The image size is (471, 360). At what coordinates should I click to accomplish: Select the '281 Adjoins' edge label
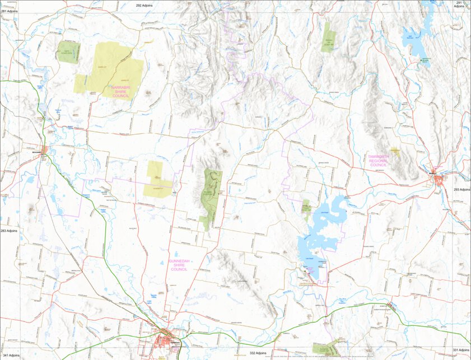tap(10, 11)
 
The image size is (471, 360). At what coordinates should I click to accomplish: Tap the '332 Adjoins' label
tap(260, 353)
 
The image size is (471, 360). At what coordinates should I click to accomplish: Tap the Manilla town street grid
tap(438, 179)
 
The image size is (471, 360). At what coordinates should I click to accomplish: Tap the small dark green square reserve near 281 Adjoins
tap(68, 52)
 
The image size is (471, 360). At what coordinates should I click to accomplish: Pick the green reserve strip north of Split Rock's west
tap(328, 38)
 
